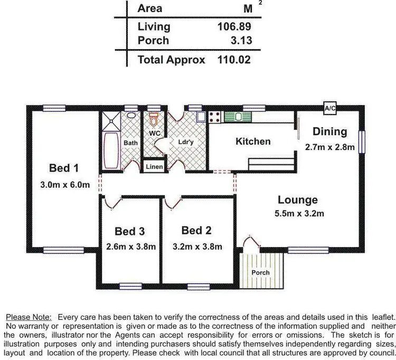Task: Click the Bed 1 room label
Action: coord(64,168)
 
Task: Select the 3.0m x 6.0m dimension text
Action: coord(64,185)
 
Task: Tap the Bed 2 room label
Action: coord(196,231)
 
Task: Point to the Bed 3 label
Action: coord(130,231)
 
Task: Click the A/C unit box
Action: coord(330,108)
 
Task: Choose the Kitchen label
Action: coord(253,141)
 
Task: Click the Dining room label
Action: coord(329,131)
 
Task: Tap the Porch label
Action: coord(261,272)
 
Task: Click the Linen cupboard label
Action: coord(155,167)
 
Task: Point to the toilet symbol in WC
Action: coord(154,117)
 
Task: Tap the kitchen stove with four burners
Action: coord(215,117)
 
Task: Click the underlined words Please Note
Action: coord(29,317)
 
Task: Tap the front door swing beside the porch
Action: coord(251,244)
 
